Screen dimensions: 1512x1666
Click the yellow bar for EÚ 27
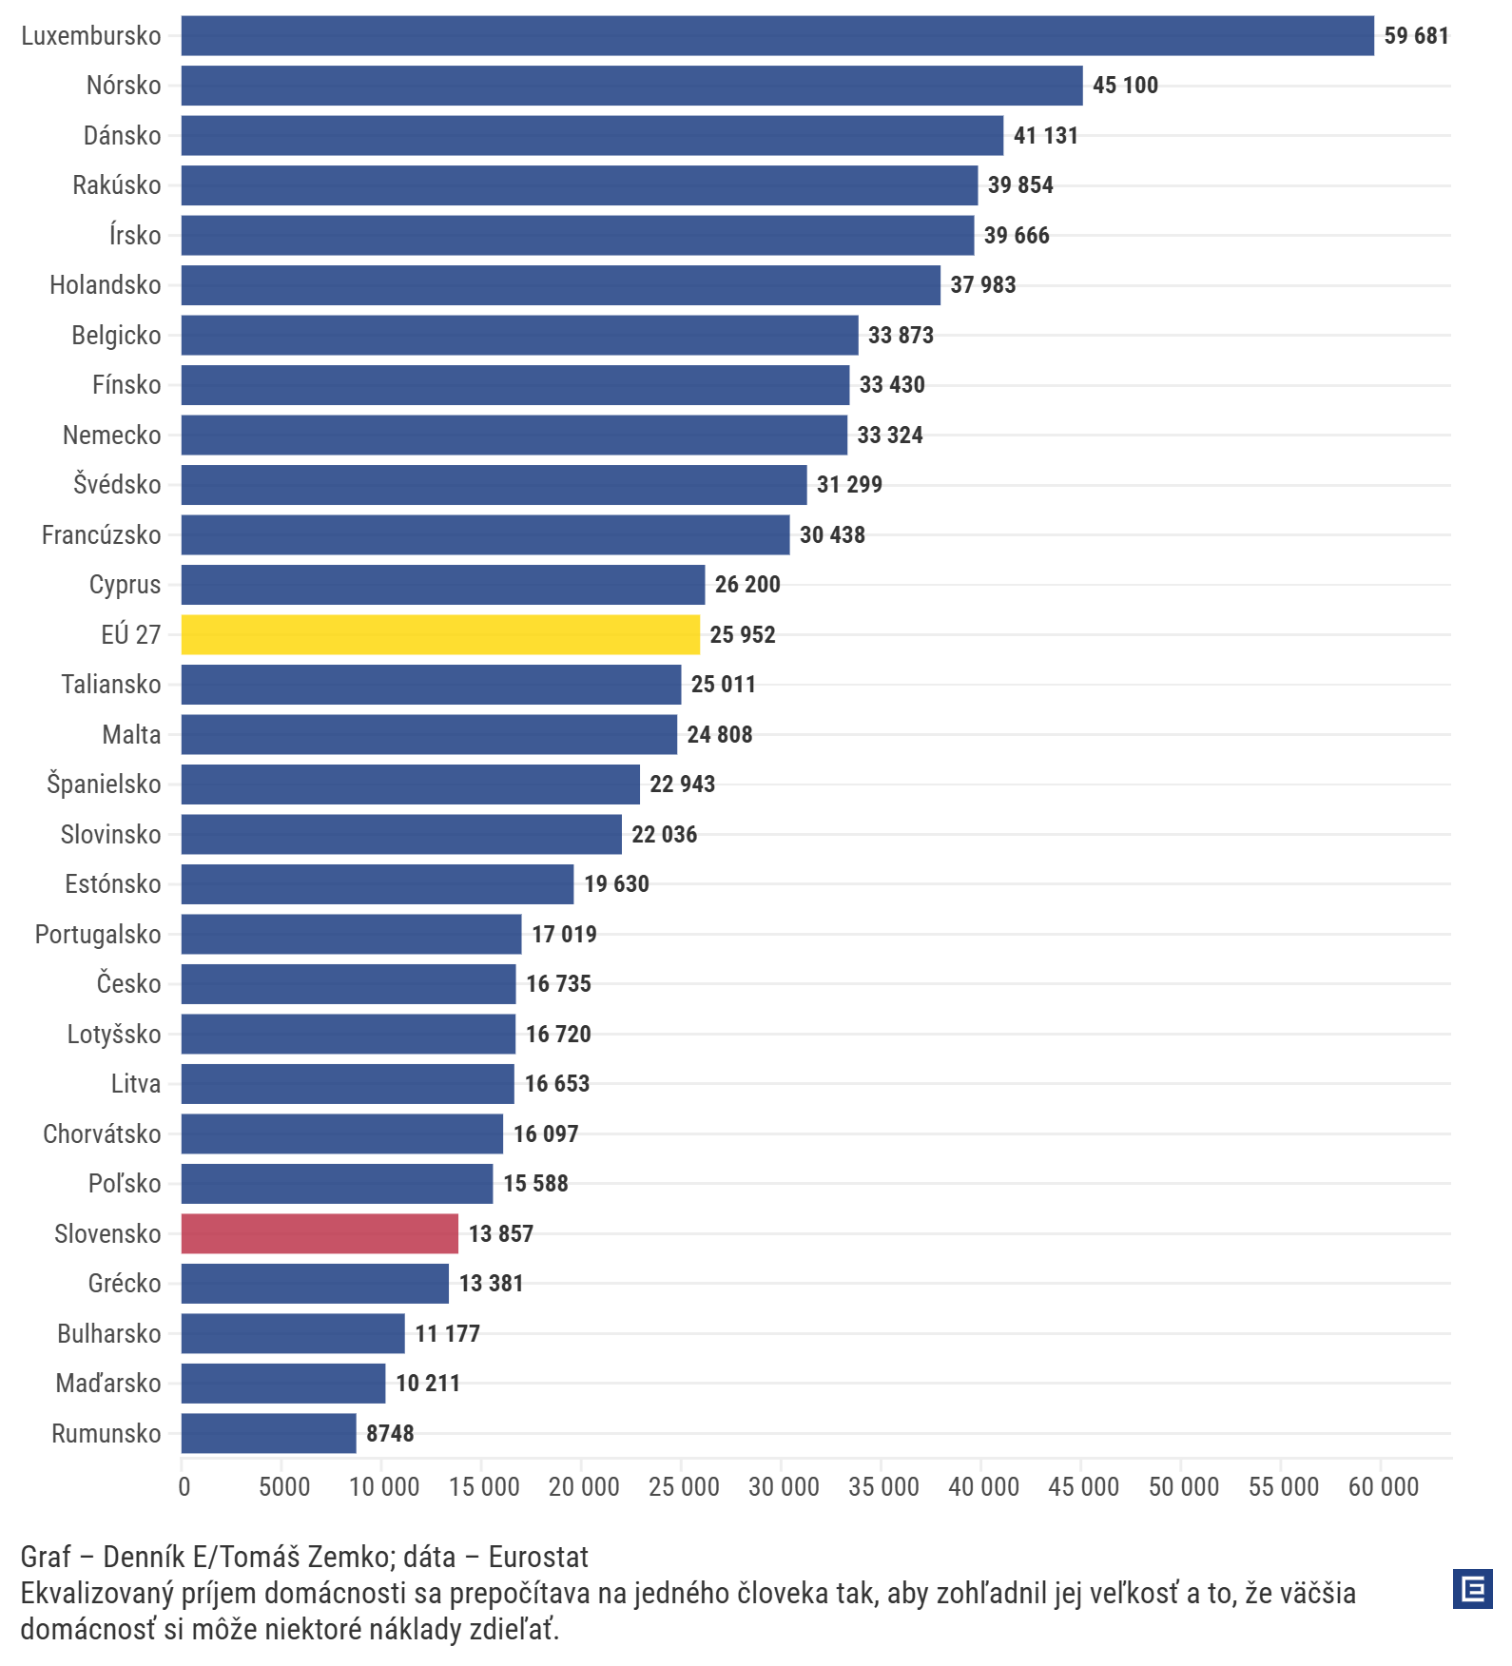(x=440, y=634)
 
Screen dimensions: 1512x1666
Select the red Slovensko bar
(x=320, y=1233)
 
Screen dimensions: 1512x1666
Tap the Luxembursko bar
(x=778, y=35)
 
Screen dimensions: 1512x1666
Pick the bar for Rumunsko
(x=269, y=1433)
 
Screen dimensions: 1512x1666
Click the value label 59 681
(x=1416, y=36)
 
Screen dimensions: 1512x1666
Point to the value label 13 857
(x=501, y=1234)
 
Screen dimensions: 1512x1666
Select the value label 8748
(x=390, y=1434)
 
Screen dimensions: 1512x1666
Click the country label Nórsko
(x=124, y=86)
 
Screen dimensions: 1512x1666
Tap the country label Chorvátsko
(x=102, y=1133)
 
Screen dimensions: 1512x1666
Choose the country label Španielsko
(x=104, y=785)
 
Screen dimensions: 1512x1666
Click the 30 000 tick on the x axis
(x=784, y=1487)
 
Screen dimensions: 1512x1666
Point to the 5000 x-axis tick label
(x=284, y=1487)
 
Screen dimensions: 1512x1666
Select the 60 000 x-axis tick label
(x=1384, y=1487)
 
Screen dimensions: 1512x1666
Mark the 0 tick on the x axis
(x=184, y=1487)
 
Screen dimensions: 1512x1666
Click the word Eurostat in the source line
(x=538, y=1557)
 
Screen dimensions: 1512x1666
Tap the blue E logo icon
(x=1473, y=1589)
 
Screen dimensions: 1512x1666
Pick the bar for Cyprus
(x=443, y=585)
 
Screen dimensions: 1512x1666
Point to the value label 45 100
(x=1125, y=86)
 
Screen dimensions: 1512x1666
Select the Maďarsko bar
(x=283, y=1384)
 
